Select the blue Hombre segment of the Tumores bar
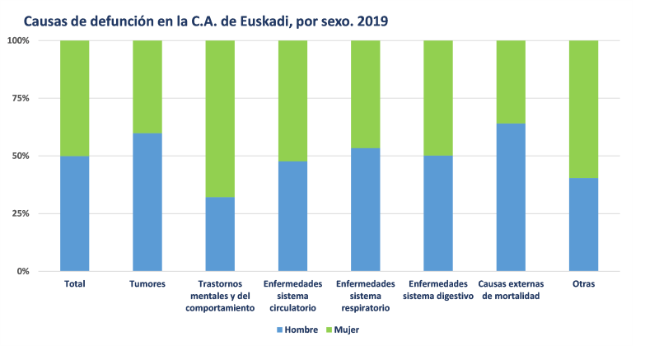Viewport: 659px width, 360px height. pos(147,202)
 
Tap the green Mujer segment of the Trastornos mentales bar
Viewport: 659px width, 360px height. pos(220,119)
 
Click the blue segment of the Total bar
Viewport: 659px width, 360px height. pos(75,213)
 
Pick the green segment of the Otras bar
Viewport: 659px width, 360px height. pos(583,109)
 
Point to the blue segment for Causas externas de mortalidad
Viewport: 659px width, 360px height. pos(511,197)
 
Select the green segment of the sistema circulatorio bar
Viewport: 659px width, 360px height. pos(292,101)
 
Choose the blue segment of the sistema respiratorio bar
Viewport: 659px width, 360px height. pos(365,209)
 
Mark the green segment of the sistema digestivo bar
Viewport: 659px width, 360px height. pos(438,98)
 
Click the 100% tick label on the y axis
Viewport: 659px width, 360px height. pos(18,40)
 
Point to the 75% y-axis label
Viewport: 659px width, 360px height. pos(21,98)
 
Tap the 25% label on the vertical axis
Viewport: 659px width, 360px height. pos(21,213)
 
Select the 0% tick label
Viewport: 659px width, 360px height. pos(23,271)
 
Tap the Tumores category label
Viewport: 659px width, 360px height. pos(147,284)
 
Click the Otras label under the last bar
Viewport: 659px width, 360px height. pos(583,284)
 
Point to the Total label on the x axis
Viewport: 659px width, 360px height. pos(75,284)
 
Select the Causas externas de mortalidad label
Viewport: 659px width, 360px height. pos(511,290)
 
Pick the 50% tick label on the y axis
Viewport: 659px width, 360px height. pos(21,156)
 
